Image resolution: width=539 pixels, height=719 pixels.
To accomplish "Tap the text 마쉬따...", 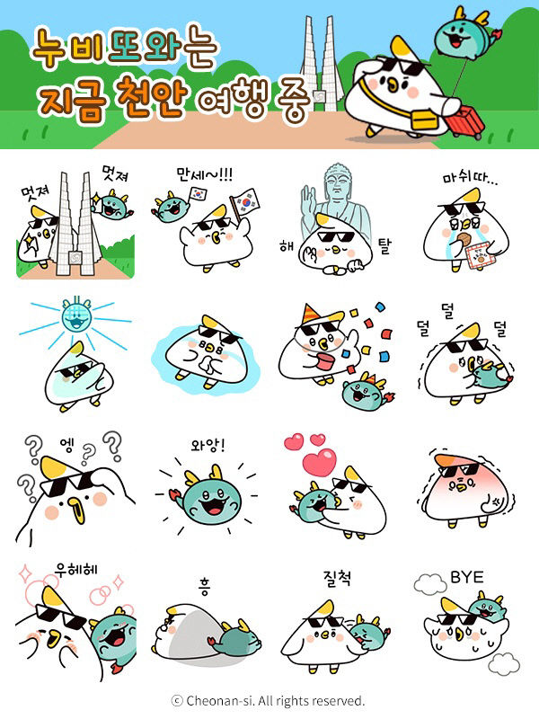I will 469,179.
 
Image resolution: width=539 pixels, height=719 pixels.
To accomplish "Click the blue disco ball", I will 71,319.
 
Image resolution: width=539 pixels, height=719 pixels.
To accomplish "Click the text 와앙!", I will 208,444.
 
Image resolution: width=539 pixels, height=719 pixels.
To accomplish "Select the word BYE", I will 466,576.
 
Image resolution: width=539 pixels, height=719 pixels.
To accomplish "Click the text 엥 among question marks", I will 68,443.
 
